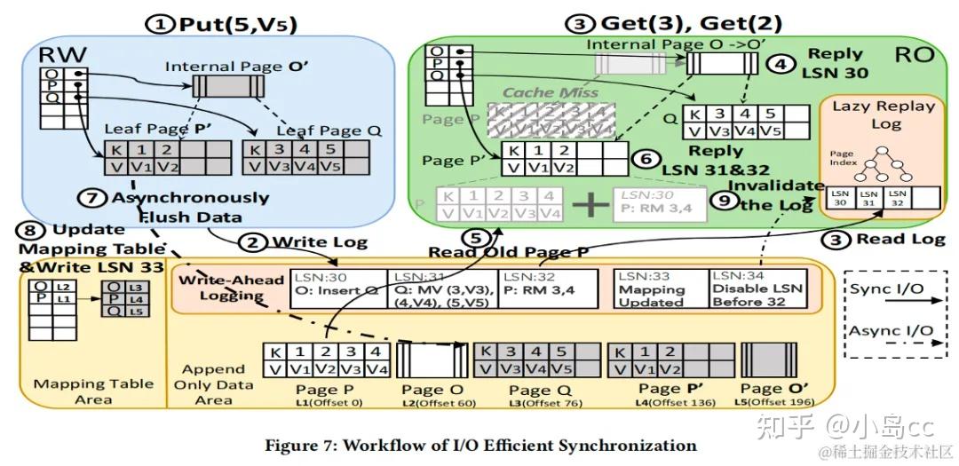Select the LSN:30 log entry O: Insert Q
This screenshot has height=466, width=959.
(x=338, y=288)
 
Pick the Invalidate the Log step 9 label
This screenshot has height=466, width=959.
(x=767, y=195)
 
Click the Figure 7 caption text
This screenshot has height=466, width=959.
(x=479, y=444)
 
